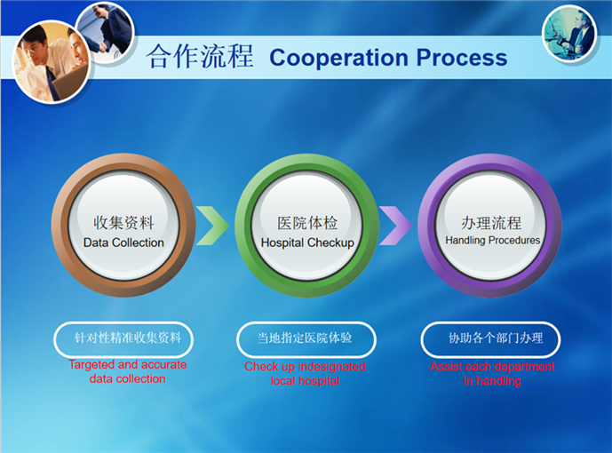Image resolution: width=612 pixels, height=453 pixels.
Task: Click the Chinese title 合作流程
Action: point(199,57)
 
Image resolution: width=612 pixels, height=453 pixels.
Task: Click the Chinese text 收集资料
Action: point(123,223)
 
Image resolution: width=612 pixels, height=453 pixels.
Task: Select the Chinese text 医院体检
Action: point(307,223)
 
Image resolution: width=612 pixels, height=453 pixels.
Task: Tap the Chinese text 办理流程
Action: point(491,222)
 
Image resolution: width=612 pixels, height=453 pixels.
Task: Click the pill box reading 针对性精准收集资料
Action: point(123,338)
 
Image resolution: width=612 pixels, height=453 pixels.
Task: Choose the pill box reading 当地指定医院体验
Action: point(306,338)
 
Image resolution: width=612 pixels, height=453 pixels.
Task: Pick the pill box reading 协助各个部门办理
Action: point(490,338)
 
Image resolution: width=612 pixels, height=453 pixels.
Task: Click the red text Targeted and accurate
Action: point(128,365)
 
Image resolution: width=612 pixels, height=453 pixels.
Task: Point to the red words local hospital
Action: point(306,381)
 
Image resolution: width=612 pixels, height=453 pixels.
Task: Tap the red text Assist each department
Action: point(492,366)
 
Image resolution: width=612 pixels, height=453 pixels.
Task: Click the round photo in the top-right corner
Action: point(569,33)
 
